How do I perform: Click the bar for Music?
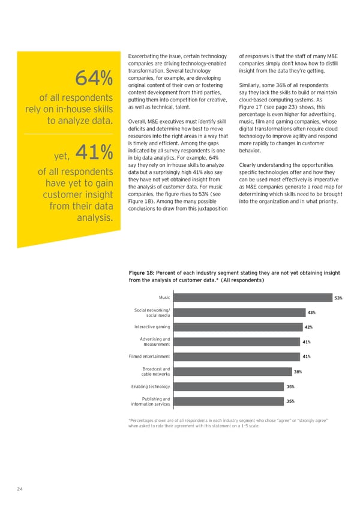[x=251, y=298]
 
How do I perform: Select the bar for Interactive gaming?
[x=236, y=327]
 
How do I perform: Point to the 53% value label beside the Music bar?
[x=338, y=298]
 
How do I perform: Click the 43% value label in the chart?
[x=311, y=313]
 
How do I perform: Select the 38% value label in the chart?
[x=298, y=372]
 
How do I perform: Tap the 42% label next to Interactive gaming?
[x=309, y=327]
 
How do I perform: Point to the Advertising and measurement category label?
[x=155, y=342]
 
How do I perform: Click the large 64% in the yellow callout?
[x=94, y=78]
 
